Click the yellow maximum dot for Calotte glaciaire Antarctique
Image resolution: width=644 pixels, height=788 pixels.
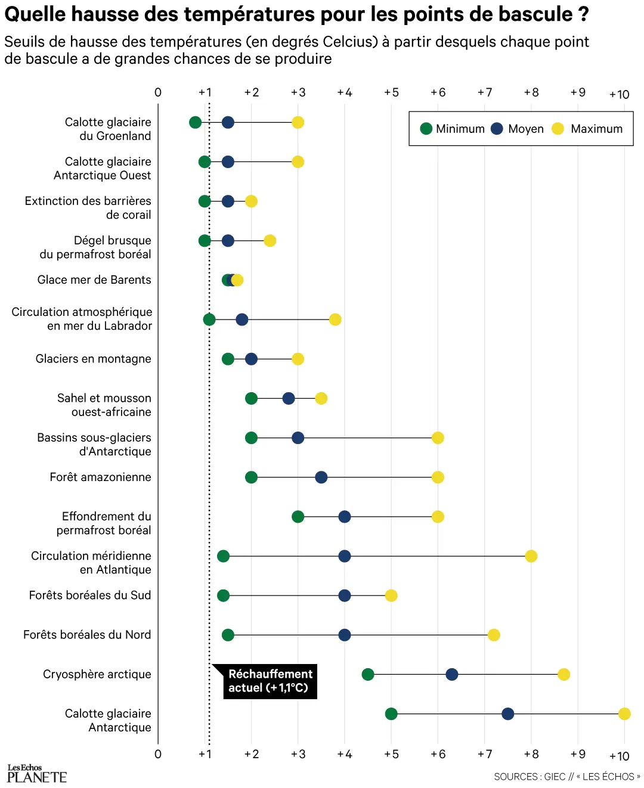tap(624, 713)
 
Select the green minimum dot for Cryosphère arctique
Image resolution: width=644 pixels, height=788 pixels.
tap(368, 674)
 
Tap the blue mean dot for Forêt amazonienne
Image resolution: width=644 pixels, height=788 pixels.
tap(321, 477)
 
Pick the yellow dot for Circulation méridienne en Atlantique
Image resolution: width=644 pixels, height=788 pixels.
tap(531, 556)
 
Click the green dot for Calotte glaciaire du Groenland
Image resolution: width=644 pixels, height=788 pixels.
tap(195, 122)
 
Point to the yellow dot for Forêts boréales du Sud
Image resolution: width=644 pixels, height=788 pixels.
tap(391, 595)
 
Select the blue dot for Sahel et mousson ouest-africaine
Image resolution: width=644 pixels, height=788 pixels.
tap(289, 398)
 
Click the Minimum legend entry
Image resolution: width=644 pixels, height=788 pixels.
tap(453, 129)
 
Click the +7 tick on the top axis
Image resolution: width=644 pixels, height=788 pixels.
tap(485, 92)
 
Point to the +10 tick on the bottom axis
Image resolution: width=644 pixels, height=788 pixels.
tap(620, 756)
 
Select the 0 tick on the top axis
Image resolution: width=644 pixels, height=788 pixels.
tap(158, 92)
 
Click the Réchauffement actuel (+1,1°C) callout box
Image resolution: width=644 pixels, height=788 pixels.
tap(270, 681)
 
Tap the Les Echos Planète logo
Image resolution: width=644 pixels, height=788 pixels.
tap(36, 774)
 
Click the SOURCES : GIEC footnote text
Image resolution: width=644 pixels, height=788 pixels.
tap(566, 777)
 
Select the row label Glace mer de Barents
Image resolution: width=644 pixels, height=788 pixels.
tap(94, 280)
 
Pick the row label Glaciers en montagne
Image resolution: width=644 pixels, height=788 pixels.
tap(93, 359)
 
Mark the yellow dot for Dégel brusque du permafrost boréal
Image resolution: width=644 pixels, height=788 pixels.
tap(270, 241)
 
